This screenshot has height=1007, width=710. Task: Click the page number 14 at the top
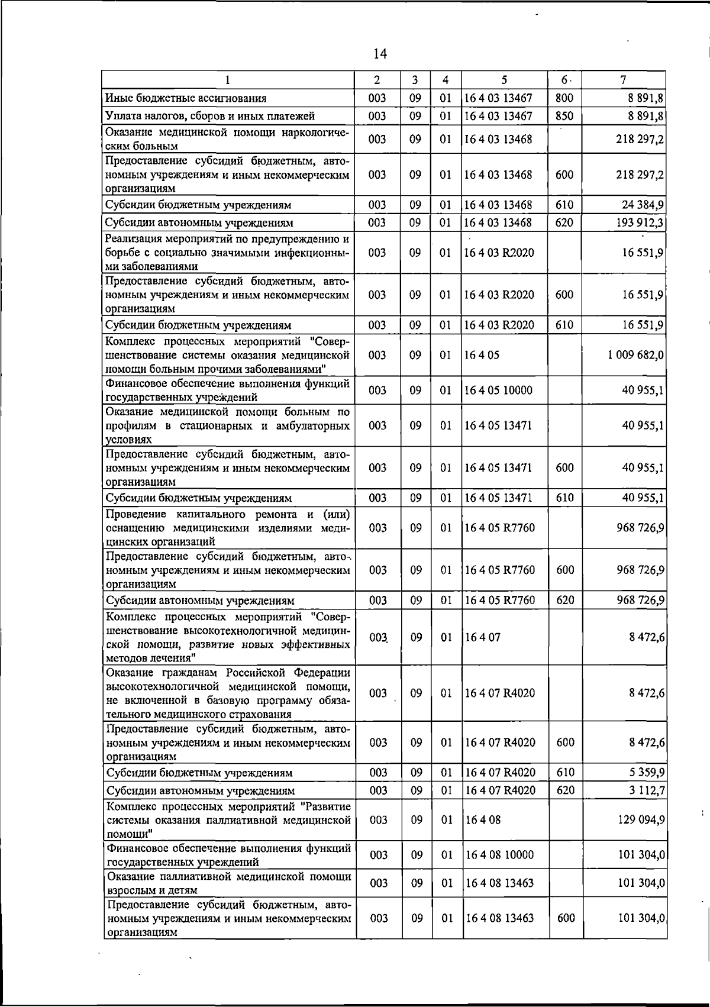(380, 54)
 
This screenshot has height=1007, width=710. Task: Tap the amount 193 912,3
(639, 222)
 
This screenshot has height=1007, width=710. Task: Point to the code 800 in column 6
(564, 98)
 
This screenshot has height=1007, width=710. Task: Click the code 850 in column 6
(564, 116)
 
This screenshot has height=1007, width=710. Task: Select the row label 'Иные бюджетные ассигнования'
(186, 98)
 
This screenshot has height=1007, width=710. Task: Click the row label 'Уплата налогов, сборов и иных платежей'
(209, 116)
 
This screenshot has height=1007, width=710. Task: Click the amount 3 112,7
(646, 790)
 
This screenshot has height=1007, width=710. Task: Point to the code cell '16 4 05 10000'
(499, 390)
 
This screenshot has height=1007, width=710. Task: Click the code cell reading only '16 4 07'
(483, 638)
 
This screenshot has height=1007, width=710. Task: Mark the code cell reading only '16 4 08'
(483, 820)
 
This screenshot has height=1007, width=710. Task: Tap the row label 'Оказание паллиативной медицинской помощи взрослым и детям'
(228, 883)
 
